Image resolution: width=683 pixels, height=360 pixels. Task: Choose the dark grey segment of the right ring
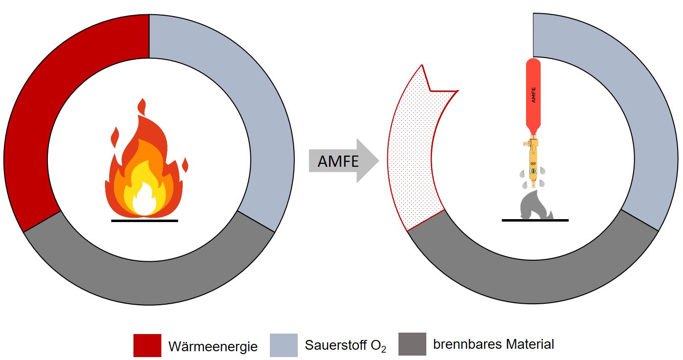coord(533,279)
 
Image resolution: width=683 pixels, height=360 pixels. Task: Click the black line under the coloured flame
coord(144,221)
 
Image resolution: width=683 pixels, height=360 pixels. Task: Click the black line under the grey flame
coord(535,220)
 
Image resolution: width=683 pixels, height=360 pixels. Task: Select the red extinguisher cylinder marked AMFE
coord(534,95)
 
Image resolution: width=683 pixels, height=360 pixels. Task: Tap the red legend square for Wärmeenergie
coord(147,345)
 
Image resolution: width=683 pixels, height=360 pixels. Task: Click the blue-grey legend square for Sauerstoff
coord(284,345)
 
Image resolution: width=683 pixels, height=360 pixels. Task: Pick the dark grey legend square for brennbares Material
coord(413,344)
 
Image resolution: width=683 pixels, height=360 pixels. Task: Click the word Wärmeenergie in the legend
coord(213,347)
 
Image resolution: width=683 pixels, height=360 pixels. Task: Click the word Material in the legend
coord(530,344)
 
